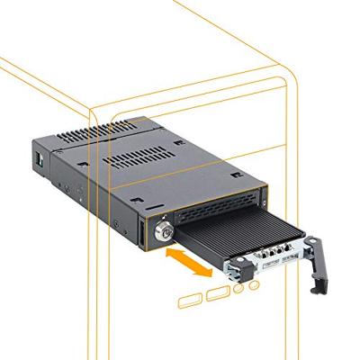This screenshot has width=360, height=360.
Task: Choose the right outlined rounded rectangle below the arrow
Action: click(216, 293)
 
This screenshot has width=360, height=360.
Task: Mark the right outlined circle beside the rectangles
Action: click(254, 285)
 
